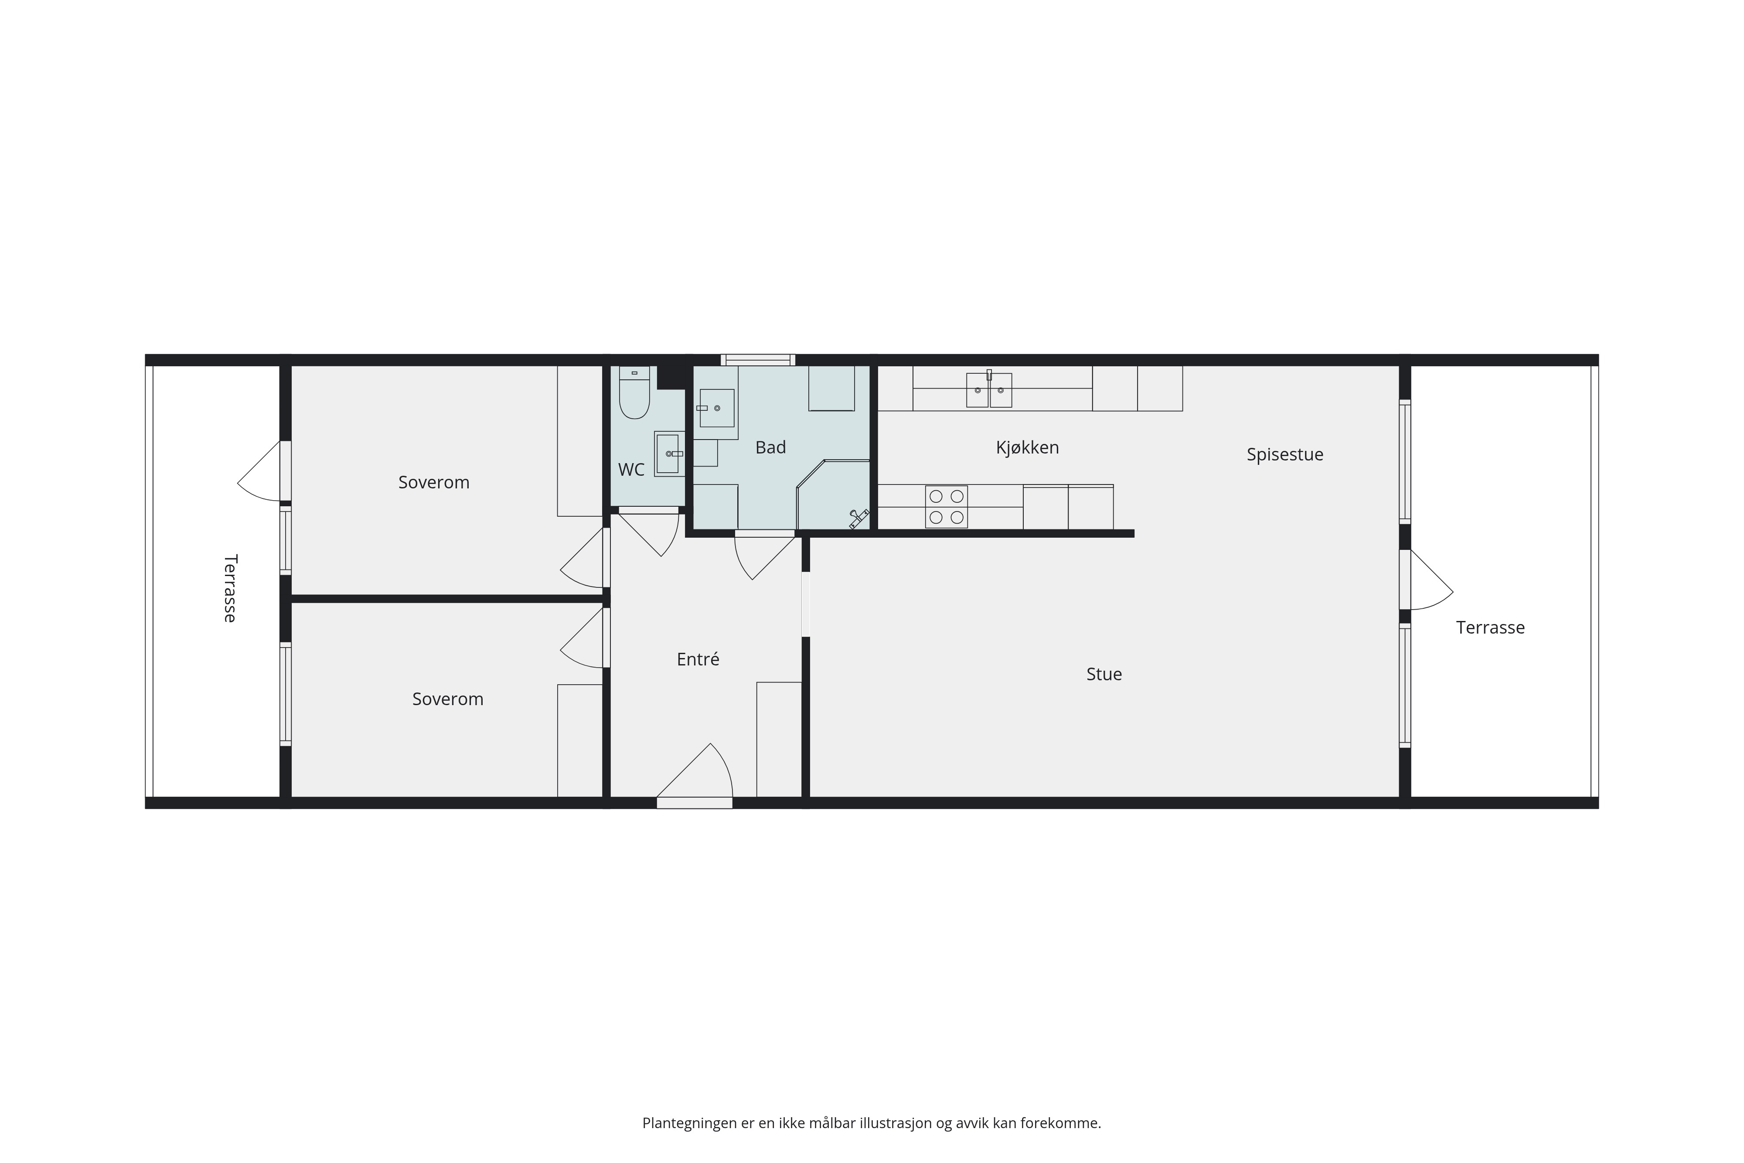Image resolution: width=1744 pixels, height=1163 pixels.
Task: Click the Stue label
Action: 1104,674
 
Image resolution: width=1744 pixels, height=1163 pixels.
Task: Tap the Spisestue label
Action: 1285,455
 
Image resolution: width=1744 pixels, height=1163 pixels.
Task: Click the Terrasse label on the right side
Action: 1490,628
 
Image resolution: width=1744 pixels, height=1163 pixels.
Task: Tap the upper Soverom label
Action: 434,482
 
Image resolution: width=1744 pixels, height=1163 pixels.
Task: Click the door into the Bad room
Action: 764,555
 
